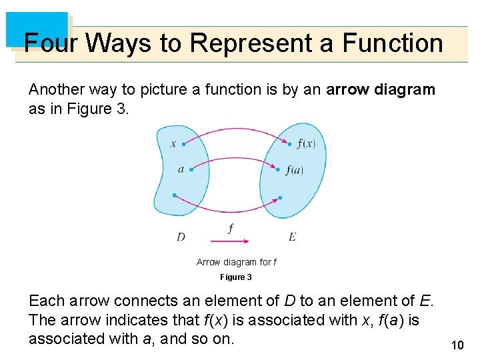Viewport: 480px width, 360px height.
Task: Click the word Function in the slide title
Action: pyautogui.click(x=393, y=43)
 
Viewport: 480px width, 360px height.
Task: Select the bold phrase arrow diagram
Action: pyautogui.click(x=380, y=89)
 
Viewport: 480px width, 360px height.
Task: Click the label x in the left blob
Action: pyautogui.click(x=173, y=143)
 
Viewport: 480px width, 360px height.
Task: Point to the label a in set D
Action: pyautogui.click(x=181, y=169)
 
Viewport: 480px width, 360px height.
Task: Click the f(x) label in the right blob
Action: pyautogui.click(x=307, y=143)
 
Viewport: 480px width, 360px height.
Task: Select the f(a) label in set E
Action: pyautogui.click(x=294, y=170)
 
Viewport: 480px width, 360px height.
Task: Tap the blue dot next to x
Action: pyautogui.click(x=184, y=143)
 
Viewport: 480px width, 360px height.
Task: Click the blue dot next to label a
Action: pyautogui.click(x=191, y=169)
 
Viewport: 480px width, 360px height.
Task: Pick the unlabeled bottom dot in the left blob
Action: pyautogui.click(x=174, y=195)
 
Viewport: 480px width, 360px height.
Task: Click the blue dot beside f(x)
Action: pyautogui.click(x=290, y=143)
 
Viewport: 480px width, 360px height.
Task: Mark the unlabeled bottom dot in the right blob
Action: pyautogui.click(x=281, y=197)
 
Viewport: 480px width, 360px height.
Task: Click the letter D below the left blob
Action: pyautogui.click(x=181, y=237)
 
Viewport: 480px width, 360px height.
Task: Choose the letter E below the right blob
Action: pyautogui.click(x=293, y=237)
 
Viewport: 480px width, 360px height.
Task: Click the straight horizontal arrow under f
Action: pyautogui.click(x=230, y=241)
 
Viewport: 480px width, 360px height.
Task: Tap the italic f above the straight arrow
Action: pyautogui.click(x=231, y=228)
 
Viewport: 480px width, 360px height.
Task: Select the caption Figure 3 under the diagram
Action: pyautogui.click(x=236, y=277)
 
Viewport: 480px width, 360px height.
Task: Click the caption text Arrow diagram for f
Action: pyautogui.click(x=237, y=262)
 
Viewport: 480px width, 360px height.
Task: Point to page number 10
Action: pyautogui.click(x=457, y=345)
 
